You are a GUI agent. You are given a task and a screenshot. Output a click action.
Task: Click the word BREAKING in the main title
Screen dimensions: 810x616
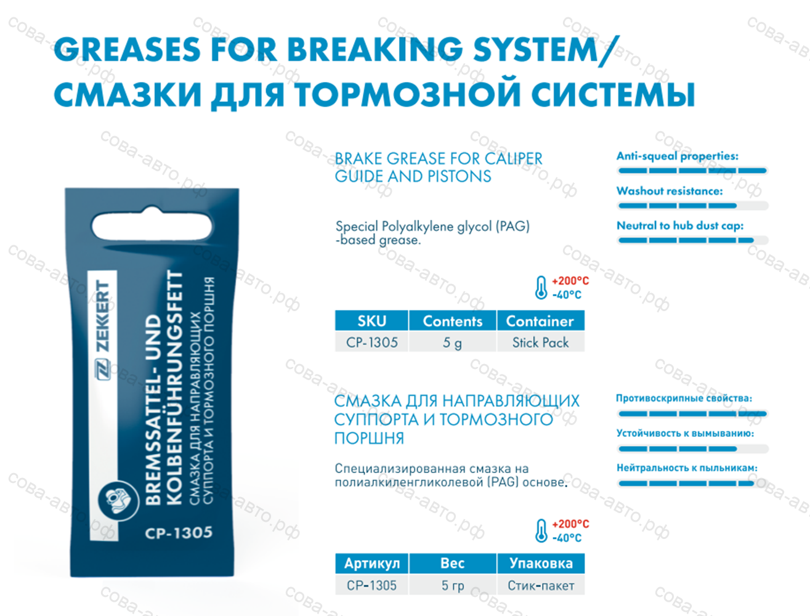click(375, 49)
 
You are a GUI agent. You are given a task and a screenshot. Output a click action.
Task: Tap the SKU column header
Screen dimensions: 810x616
click(371, 321)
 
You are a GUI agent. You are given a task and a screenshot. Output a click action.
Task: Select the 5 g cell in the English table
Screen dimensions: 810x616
click(452, 342)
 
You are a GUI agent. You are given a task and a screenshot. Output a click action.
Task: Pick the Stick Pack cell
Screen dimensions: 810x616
click(541, 342)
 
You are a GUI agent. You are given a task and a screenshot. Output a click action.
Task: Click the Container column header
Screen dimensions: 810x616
click(541, 321)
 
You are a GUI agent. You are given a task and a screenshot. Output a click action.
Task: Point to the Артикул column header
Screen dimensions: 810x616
click(371, 563)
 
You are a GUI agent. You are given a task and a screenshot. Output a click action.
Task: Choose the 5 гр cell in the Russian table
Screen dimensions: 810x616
click(452, 585)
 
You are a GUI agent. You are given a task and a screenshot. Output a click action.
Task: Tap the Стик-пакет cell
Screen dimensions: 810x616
click(541, 585)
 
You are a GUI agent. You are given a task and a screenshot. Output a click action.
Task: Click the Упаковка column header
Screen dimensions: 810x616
click(541, 563)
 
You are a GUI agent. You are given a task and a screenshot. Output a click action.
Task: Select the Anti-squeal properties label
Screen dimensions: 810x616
click(678, 156)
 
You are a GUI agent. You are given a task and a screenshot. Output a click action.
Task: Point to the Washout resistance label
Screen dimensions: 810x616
click(670, 191)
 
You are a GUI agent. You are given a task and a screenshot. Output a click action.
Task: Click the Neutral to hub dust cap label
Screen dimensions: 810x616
click(680, 225)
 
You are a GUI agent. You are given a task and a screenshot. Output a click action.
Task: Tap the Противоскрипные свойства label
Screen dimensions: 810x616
click(684, 399)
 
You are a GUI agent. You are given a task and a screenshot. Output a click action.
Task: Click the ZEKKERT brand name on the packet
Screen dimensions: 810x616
click(103, 316)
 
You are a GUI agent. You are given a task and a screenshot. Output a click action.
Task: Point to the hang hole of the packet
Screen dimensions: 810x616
click(152, 225)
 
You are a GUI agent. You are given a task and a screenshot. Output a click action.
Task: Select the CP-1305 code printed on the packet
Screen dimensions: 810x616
click(179, 532)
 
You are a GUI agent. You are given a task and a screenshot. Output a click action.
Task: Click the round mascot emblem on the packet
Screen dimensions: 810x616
click(118, 501)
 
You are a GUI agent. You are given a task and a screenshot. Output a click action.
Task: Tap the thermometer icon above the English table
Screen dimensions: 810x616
click(541, 287)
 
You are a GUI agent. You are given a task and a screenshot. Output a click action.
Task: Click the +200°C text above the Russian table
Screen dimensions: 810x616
click(570, 524)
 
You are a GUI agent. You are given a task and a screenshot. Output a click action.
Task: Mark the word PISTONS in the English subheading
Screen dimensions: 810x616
click(459, 176)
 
